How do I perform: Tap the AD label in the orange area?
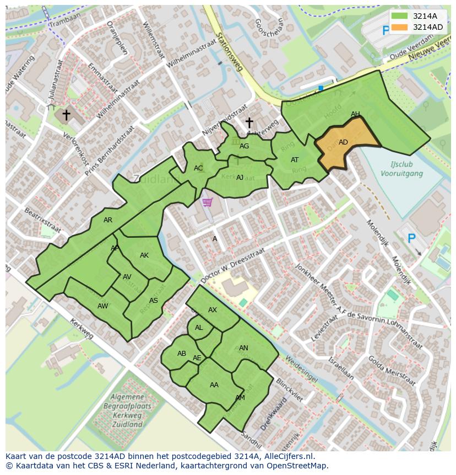[343, 142]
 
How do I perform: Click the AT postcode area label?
[295, 160]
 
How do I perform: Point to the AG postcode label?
[244, 146]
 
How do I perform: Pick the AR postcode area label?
[108, 220]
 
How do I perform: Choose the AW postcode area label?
[102, 306]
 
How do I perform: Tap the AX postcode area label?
[213, 310]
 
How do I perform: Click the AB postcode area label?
[182, 354]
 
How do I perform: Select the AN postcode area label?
[243, 348]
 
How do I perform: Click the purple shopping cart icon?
[207, 202]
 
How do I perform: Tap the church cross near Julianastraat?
[66, 115]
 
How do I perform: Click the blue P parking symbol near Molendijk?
[411, 238]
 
